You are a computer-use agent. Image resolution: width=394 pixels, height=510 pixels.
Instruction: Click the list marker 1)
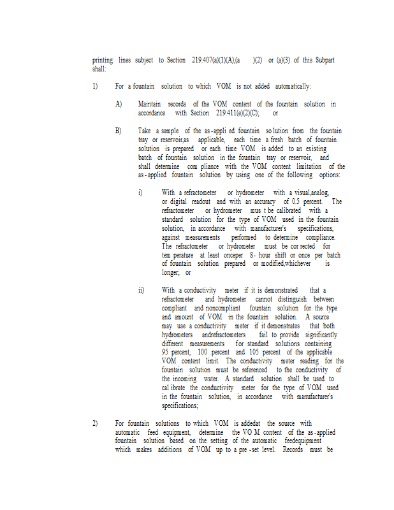(x=95, y=86)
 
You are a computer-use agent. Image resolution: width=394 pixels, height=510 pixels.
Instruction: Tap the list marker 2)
(x=95, y=423)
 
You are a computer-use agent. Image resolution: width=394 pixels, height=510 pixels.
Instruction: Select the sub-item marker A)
(x=119, y=104)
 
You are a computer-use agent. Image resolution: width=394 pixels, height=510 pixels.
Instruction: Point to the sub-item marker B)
(x=119, y=131)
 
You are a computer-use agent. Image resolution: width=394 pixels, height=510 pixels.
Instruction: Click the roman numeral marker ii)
(x=141, y=290)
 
